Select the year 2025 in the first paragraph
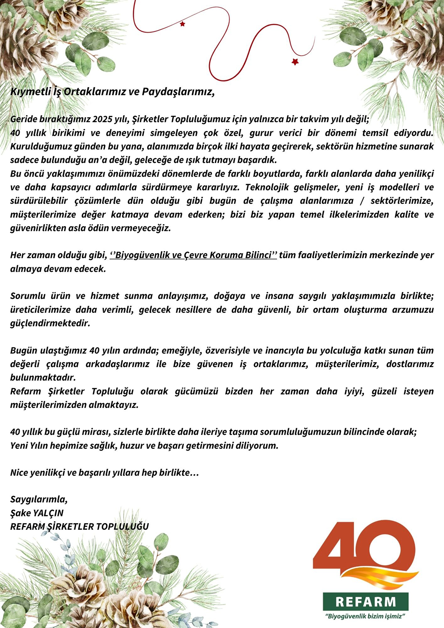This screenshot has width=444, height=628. click(x=102, y=119)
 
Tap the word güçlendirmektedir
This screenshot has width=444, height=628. click(x=50, y=323)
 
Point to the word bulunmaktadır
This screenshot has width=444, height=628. click(x=43, y=378)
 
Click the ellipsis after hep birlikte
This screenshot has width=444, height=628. click(x=194, y=473)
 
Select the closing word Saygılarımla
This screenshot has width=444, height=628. click(x=39, y=500)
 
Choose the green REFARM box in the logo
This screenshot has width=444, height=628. click(x=365, y=602)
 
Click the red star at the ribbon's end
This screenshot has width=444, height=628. click(x=295, y=62)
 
